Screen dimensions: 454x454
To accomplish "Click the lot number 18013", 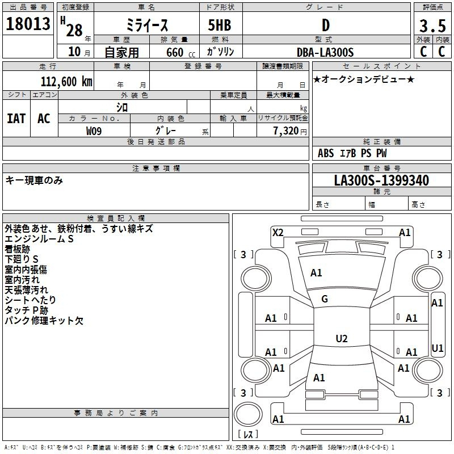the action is point(28,24).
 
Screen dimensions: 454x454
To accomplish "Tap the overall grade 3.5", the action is point(432,26).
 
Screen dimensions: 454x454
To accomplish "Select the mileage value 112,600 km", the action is point(66,82).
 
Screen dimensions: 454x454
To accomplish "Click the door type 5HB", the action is point(220,25).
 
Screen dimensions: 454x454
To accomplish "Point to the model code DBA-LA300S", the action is point(325,52).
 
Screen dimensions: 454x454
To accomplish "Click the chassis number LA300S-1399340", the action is point(381,180).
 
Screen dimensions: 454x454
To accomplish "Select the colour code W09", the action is point(94,131).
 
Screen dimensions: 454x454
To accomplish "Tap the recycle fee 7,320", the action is point(286,131).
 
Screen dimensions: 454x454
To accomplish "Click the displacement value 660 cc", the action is point(180,53).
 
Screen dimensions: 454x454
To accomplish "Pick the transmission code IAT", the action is point(16,119).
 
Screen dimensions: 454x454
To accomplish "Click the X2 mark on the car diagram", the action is point(278,233).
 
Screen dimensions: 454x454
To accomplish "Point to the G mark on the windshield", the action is point(325,299).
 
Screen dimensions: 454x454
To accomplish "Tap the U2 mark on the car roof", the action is point(342,338).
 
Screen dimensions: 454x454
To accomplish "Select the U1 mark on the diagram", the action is point(437,348).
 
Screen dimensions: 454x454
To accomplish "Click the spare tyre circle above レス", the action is point(248,414).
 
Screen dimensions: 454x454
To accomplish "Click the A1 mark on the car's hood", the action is point(316,273).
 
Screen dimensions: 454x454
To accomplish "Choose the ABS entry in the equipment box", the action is point(326,153).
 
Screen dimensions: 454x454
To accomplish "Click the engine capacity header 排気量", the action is point(174,39).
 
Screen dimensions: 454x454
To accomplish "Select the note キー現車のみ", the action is point(34,180).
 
